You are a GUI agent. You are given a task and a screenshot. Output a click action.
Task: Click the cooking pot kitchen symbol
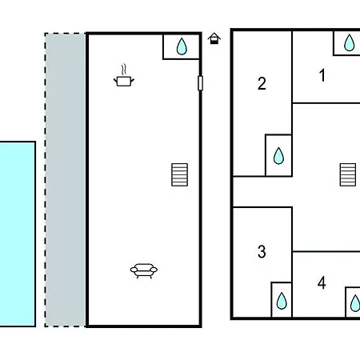tap(124, 81)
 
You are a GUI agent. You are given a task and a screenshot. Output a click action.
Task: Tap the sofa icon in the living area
tap(144, 271)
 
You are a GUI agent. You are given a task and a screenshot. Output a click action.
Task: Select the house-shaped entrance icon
tap(214, 38)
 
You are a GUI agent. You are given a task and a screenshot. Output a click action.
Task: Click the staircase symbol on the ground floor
tap(179, 174)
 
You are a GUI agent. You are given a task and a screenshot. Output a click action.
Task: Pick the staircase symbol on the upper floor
tap(348, 174)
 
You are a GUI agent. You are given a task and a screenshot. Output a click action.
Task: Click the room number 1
tap(322, 75)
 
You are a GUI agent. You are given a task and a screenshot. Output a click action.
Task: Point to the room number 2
tap(262, 83)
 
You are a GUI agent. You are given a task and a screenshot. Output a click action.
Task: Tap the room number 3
tap(262, 251)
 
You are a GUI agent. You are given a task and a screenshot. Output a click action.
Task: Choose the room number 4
tap(322, 282)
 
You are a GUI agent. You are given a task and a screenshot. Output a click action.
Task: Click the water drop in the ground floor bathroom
tap(182, 46)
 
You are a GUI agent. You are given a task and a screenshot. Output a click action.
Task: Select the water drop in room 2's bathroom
tap(278, 156)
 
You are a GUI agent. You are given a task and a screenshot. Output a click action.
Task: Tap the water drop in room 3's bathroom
tap(282, 301)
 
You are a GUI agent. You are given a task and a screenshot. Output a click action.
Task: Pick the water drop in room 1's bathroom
tap(349, 42)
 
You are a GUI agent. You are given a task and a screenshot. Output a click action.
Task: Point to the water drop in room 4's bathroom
tap(355, 303)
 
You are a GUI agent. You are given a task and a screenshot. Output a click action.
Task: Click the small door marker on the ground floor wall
tap(200, 83)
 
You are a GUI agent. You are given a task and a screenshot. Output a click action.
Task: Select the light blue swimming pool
tap(18, 234)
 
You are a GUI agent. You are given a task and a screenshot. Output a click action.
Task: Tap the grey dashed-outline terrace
tap(66, 180)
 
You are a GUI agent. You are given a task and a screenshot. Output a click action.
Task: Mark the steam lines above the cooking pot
tap(123, 70)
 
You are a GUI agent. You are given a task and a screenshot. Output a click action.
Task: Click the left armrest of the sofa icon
tap(134, 270)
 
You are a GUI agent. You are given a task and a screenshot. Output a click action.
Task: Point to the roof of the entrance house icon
tap(214, 36)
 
